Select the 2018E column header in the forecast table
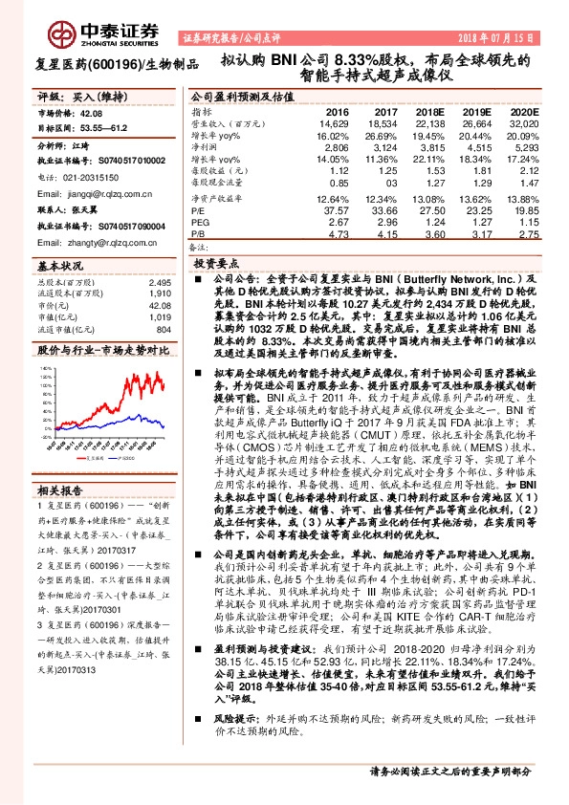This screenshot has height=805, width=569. point(430,111)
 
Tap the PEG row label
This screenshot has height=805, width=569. point(199,220)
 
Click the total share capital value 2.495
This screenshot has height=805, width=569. point(159,284)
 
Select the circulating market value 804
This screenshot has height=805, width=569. point(163,330)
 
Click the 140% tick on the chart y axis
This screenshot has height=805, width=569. point(43,367)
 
